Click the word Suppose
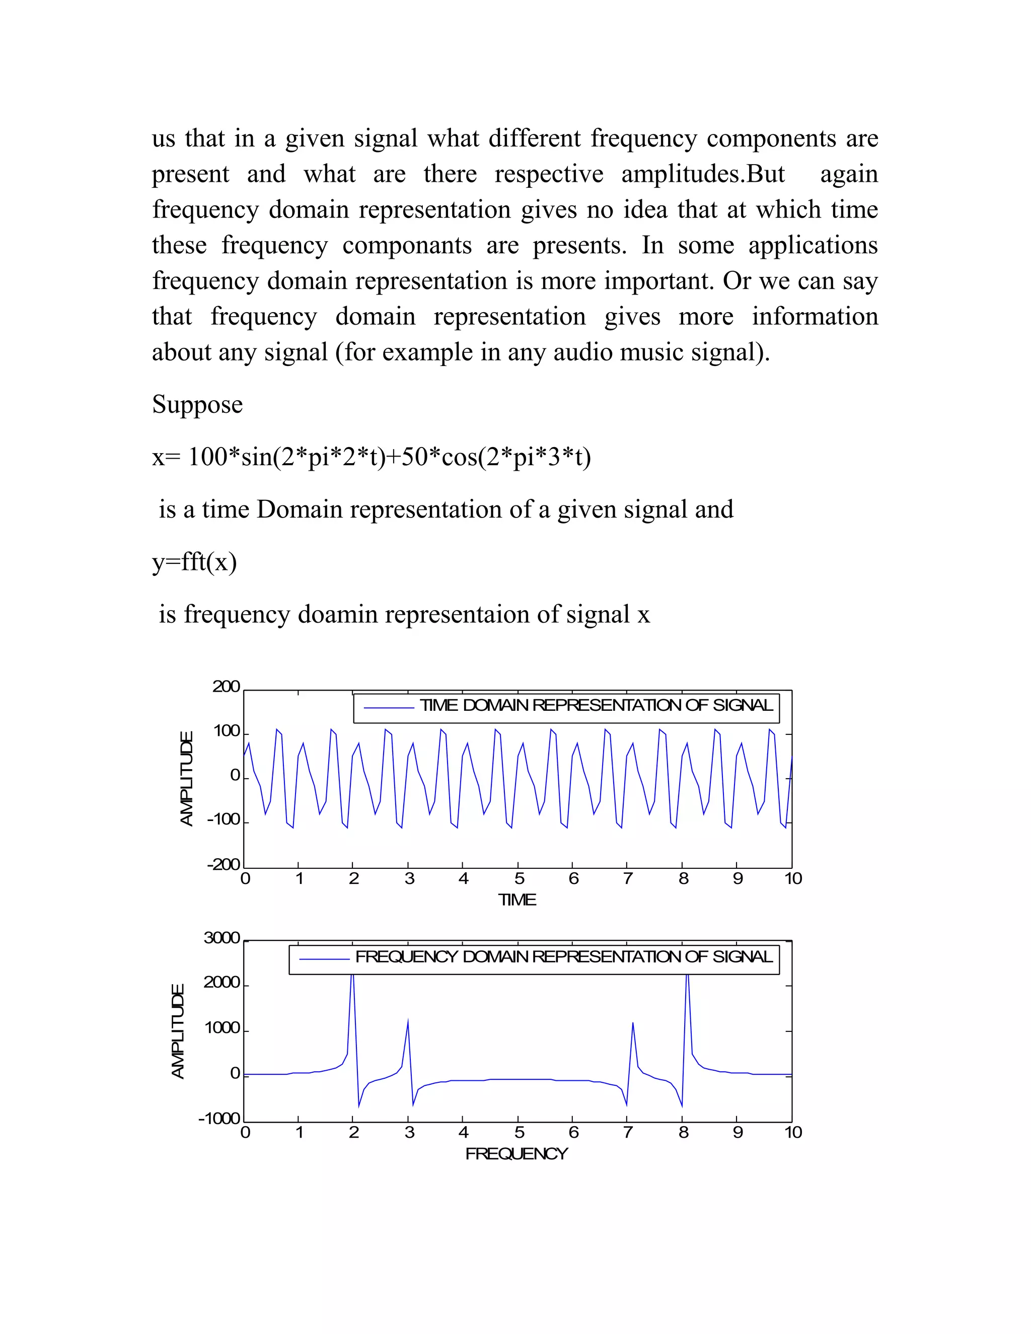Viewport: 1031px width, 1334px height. coord(197,405)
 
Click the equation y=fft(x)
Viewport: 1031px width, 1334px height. coord(194,562)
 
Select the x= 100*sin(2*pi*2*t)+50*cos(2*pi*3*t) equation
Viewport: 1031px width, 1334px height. coord(372,457)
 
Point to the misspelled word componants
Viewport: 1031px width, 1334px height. coord(407,246)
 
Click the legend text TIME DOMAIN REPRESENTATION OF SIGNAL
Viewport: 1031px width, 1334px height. coord(596,705)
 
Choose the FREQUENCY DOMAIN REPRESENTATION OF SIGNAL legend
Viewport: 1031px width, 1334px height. coord(563,956)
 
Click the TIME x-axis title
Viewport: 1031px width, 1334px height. coord(517,900)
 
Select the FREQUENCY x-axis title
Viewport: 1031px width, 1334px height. coord(517,1154)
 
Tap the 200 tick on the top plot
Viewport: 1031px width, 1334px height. coord(226,687)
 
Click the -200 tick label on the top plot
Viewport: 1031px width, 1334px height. coord(224,865)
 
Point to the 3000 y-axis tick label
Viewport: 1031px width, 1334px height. coord(222,938)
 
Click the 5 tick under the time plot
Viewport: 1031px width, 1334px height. coord(519,879)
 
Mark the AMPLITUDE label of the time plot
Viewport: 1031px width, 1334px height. coord(186,779)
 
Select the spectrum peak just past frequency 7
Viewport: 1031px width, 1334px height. coord(633,1024)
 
